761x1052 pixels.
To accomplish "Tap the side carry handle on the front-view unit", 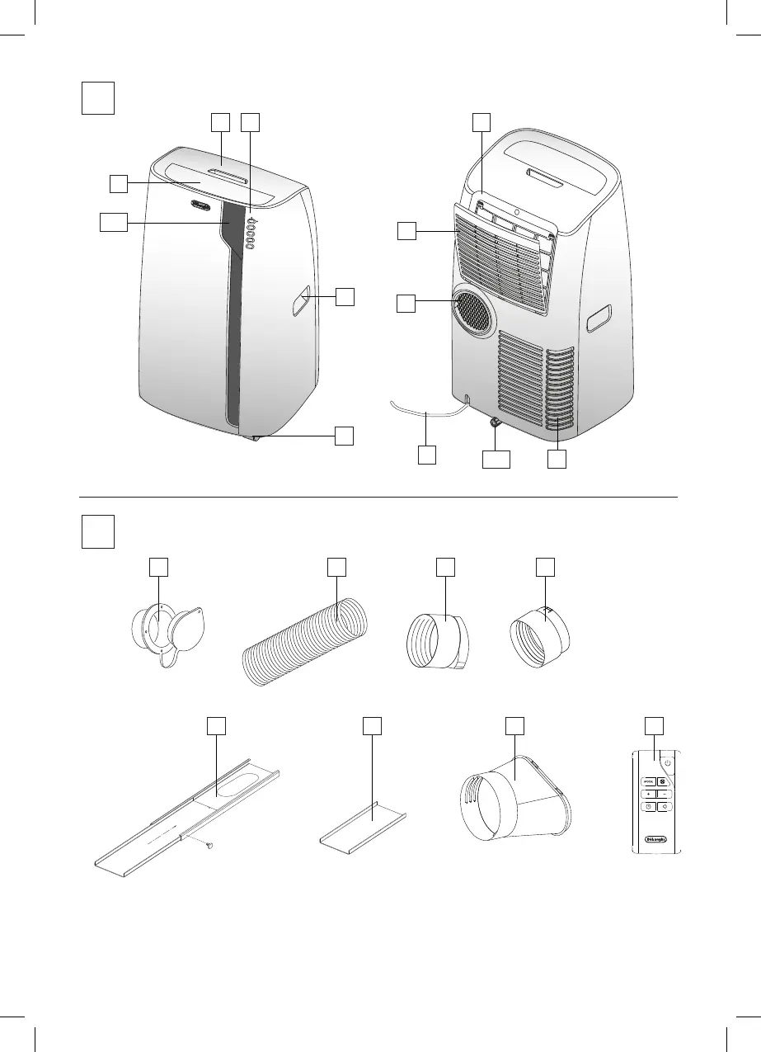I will pyautogui.click(x=299, y=300).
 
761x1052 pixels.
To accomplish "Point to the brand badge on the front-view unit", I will pyautogui.click(x=202, y=206).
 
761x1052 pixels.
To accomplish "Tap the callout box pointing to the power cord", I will pyautogui.click(x=426, y=455).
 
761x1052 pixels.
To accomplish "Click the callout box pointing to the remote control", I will pyautogui.click(x=653, y=725).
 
